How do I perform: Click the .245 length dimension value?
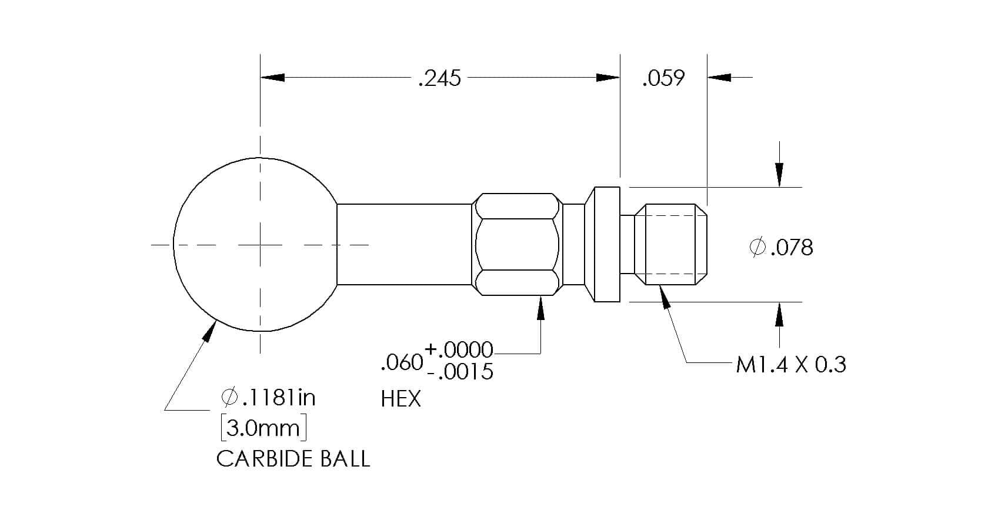[x=439, y=78]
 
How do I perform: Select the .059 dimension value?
[x=663, y=78]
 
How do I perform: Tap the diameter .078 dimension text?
[x=782, y=248]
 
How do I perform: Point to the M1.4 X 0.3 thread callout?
[x=790, y=365]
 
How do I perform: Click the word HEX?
[x=400, y=399]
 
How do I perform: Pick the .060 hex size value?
[x=402, y=363]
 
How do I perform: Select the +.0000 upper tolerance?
[x=459, y=350]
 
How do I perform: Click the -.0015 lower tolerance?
[x=460, y=372]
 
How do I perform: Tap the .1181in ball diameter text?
[x=269, y=398]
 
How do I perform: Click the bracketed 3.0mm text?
[x=264, y=428]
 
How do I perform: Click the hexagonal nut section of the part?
[x=517, y=244]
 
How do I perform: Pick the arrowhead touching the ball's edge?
[x=207, y=331]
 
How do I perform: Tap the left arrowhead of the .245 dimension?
[x=273, y=78]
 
